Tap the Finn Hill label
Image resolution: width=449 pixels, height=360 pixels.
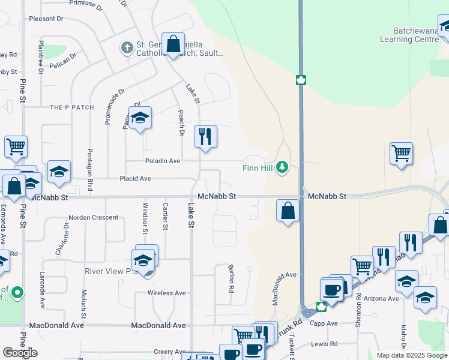click(x=258, y=168)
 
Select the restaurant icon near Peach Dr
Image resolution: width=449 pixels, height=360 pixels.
click(x=205, y=137)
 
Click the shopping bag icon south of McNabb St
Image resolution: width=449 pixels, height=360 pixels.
click(x=288, y=211)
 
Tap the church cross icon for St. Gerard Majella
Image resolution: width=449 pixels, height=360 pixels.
click(x=127, y=46)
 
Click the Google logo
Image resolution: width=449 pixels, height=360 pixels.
click(x=20, y=353)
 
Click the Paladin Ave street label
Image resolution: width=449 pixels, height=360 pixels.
click(x=162, y=161)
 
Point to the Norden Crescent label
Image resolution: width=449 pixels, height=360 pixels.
click(x=93, y=217)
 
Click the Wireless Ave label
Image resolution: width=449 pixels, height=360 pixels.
click(x=167, y=293)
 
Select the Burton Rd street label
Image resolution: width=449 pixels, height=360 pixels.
click(x=231, y=279)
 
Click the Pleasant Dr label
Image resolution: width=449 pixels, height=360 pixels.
click(x=46, y=19)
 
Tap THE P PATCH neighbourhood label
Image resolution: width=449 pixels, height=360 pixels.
click(x=71, y=107)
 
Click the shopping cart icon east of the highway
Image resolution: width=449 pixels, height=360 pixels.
click(x=401, y=152)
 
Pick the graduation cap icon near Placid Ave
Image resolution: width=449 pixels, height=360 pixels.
click(x=59, y=172)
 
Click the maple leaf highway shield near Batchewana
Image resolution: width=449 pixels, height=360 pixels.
click(x=301, y=80)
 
